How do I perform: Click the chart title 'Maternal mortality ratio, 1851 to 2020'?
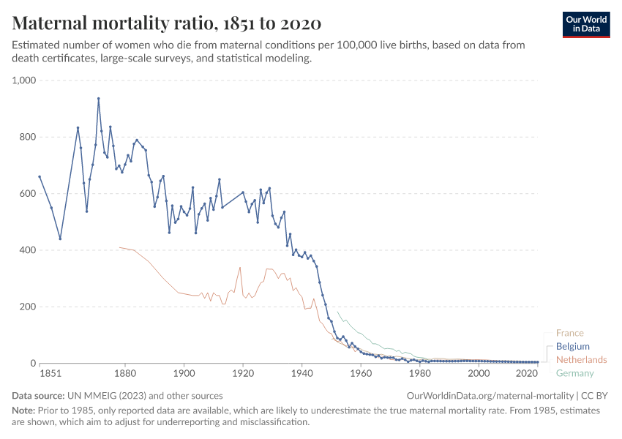pyautogui.click(x=167, y=23)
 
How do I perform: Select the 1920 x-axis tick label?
pyautogui.click(x=243, y=374)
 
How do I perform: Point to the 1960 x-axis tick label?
pyautogui.click(x=361, y=374)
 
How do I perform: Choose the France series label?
pyautogui.click(x=570, y=333)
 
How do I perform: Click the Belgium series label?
pyautogui.click(x=573, y=346)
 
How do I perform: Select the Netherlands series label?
pyautogui.click(x=581, y=360)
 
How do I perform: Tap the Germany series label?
pyautogui.click(x=575, y=374)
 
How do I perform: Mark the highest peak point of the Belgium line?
pyautogui.click(x=99, y=99)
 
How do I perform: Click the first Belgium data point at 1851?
pyautogui.click(x=40, y=176)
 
